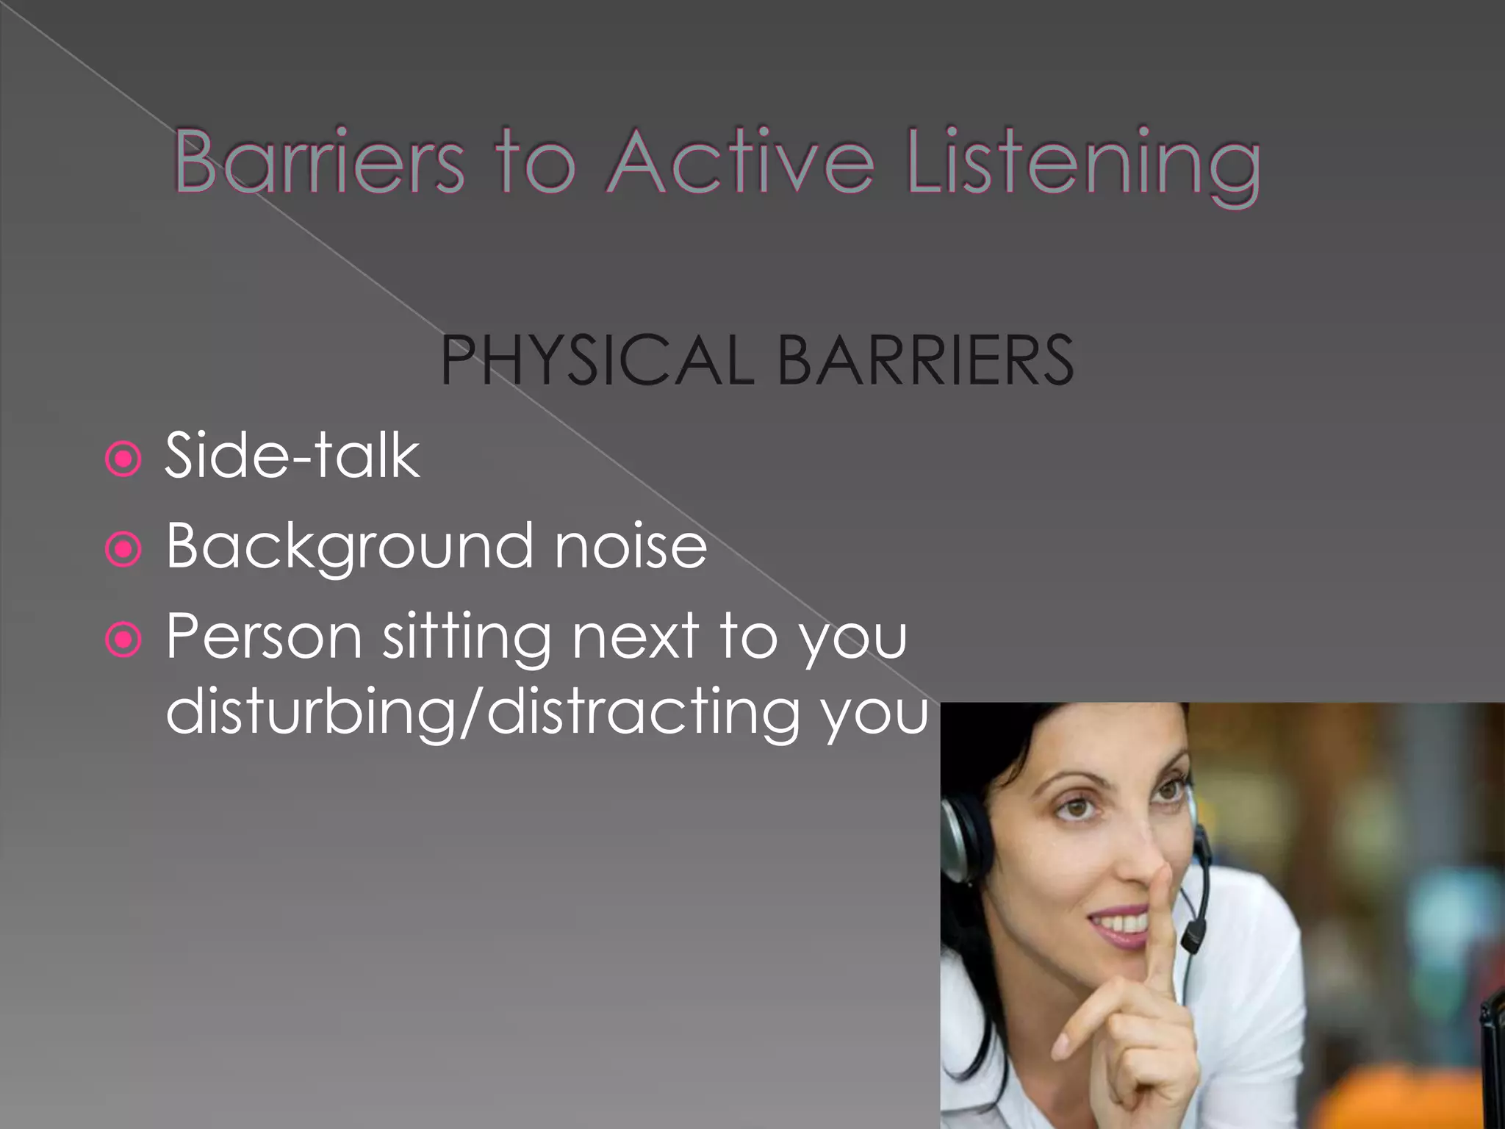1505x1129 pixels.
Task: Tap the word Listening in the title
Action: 1084,165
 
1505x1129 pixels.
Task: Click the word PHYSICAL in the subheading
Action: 597,360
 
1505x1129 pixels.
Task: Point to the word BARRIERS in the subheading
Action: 925,360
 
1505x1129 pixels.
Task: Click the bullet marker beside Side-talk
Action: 123,460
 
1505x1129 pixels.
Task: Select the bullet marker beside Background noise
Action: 123,550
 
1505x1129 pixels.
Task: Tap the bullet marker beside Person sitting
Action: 123,640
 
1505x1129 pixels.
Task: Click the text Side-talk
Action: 292,456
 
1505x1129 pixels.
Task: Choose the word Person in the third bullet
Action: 264,637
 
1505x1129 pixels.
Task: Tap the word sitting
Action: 467,637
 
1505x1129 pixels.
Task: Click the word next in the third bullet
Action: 635,637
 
